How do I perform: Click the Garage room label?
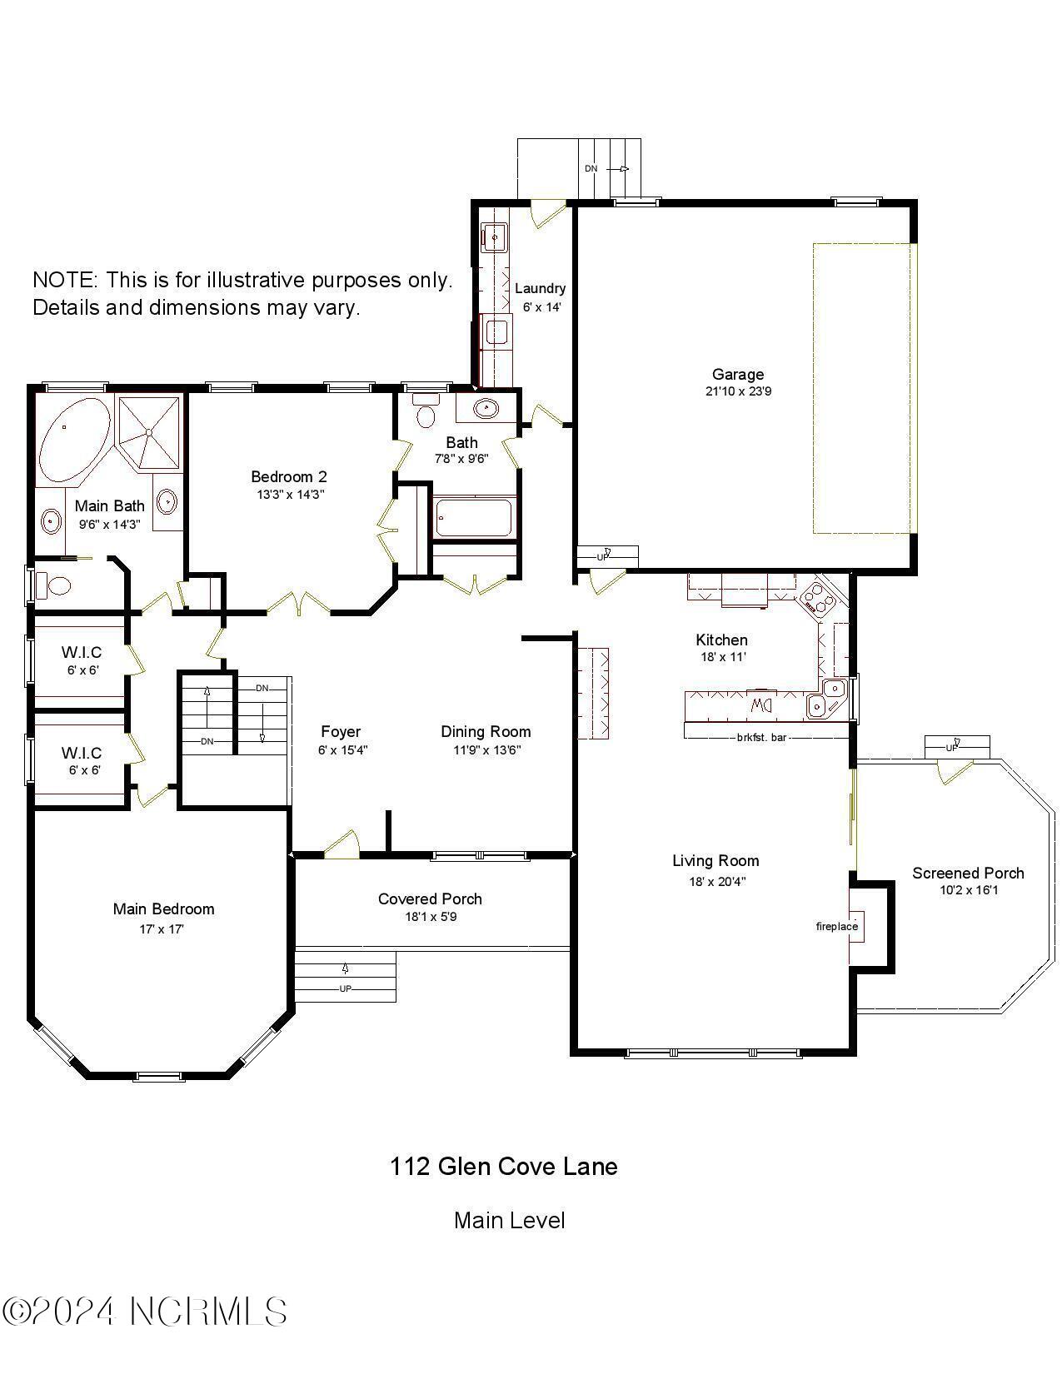pyautogui.click(x=737, y=375)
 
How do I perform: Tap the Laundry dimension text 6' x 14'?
pyautogui.click(x=541, y=306)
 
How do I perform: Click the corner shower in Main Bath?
pyautogui.click(x=148, y=432)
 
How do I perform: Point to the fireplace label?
pyautogui.click(x=836, y=926)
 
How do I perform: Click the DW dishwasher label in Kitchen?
pyautogui.click(x=762, y=705)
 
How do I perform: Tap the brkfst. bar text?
pyautogui.click(x=761, y=737)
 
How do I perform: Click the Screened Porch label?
pyautogui.click(x=967, y=873)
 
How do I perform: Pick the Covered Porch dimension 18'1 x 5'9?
pyautogui.click(x=430, y=917)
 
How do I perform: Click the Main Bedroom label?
pyautogui.click(x=163, y=909)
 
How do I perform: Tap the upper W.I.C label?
pyautogui.click(x=81, y=652)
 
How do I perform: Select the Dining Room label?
pyautogui.click(x=486, y=731)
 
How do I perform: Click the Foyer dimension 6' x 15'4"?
pyautogui.click(x=342, y=749)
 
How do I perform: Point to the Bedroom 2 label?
pyautogui.click(x=288, y=476)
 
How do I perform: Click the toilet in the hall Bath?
pyautogui.click(x=426, y=412)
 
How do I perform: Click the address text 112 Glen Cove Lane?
pyautogui.click(x=503, y=1166)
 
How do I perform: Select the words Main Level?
pyautogui.click(x=509, y=1221)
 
